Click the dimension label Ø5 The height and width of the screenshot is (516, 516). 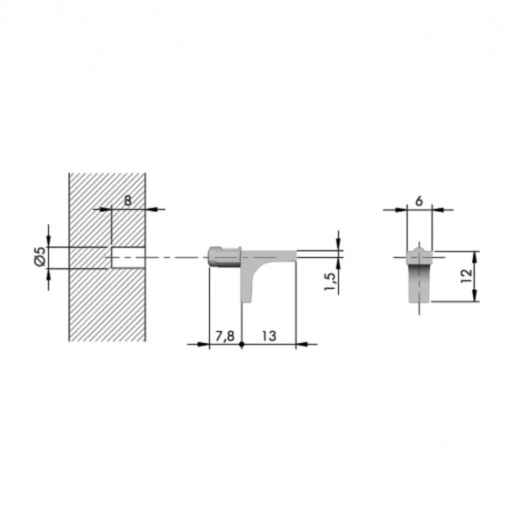tap(40, 256)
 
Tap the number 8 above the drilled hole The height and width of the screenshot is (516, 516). tap(127, 200)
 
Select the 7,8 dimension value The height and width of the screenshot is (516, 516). tap(224, 336)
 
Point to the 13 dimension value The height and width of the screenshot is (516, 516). tap(269, 336)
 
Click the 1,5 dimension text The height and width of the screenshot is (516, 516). tap(331, 281)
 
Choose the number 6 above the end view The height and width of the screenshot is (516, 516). tap(419, 200)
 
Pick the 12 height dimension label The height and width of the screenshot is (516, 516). tap(466, 276)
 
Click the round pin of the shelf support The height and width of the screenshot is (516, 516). tap(224, 256)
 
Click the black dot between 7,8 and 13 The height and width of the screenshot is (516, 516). tap(242, 345)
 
